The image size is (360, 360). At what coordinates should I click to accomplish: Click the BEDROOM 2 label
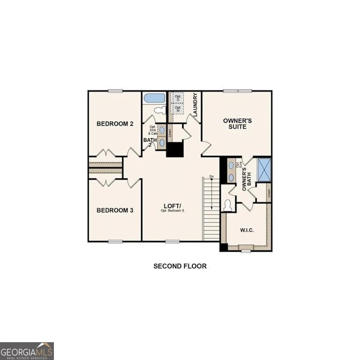(x=115, y=124)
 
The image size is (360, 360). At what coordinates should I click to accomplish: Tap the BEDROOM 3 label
(x=115, y=210)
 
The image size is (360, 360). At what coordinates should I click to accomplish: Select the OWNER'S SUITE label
(x=237, y=124)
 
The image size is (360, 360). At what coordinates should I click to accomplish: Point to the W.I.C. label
(x=247, y=230)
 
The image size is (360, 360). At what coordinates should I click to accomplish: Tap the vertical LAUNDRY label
(x=195, y=105)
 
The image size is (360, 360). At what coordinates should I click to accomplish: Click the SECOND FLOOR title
(x=180, y=266)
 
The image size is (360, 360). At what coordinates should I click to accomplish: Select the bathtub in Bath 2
(x=154, y=98)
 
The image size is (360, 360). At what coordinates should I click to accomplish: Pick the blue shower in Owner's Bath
(x=264, y=169)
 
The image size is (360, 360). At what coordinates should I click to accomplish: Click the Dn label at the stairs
(x=212, y=177)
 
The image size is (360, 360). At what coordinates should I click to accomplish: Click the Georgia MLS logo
(x=27, y=351)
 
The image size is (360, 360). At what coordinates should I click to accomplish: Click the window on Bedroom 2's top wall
(x=115, y=91)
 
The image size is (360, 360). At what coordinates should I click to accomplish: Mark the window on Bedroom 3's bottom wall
(x=115, y=241)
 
